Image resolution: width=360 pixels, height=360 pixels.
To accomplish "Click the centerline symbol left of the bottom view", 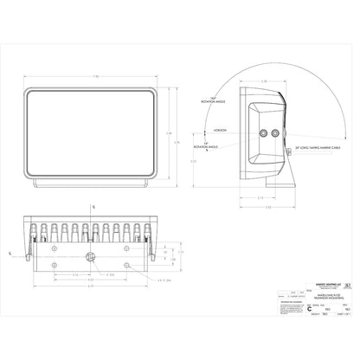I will pos(10,254).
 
